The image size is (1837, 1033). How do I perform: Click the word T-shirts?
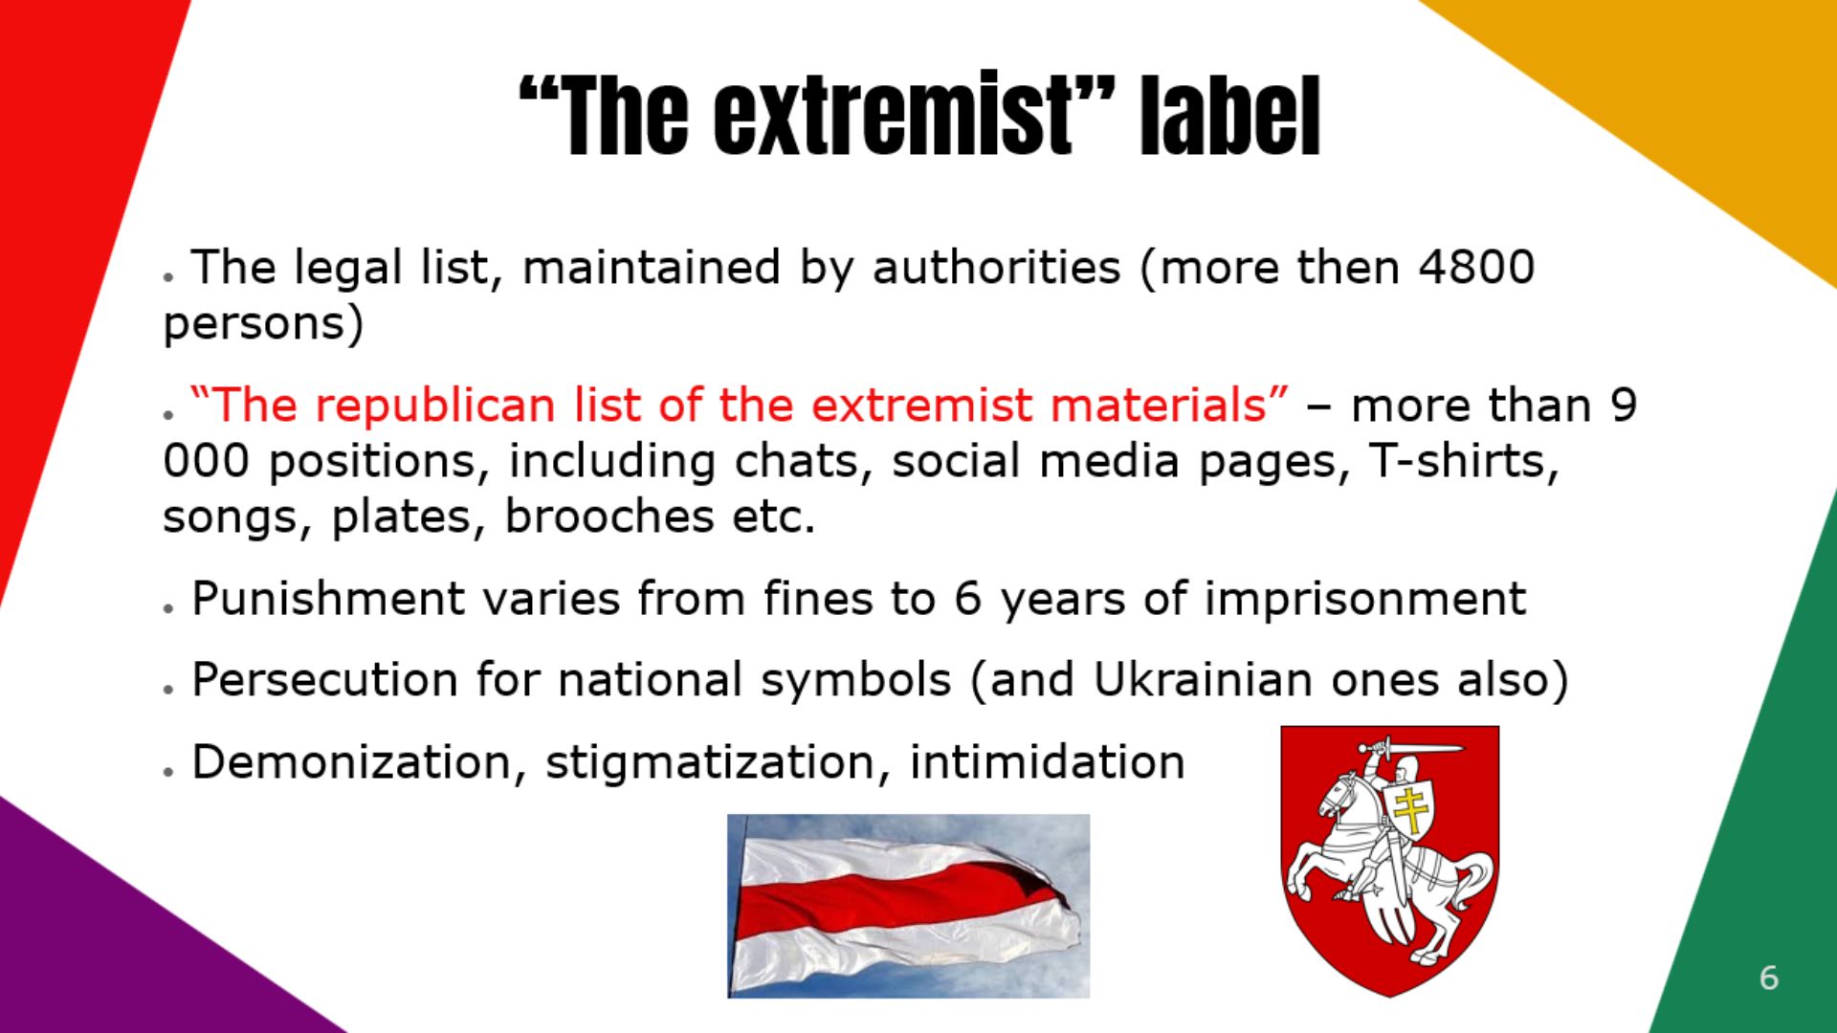coord(1464,461)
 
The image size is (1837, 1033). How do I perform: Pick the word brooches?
coord(609,516)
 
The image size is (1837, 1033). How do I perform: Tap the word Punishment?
coord(327,600)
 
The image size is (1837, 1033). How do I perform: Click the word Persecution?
coord(325,681)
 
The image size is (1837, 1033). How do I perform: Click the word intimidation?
coord(1048,763)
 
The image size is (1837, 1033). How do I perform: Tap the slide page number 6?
coord(1768,978)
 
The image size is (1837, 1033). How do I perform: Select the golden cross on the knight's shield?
coord(1409,809)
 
